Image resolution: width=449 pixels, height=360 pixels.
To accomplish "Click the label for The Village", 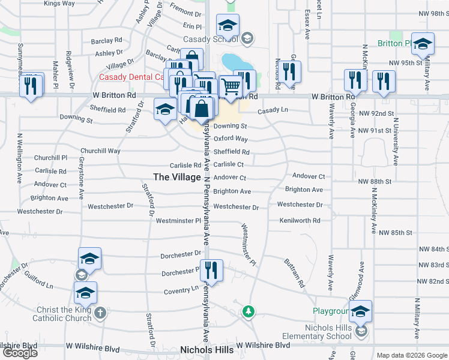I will [x=177, y=177].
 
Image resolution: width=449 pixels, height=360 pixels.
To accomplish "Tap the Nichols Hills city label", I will [x=207, y=349].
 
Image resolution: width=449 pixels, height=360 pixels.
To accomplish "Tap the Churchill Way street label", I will [x=101, y=151].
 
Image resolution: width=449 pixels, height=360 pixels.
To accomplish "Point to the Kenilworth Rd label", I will [x=300, y=221].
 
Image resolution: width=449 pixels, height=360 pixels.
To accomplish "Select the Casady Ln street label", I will [x=273, y=110].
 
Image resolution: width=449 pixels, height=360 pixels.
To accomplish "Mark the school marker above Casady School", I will [x=227, y=26].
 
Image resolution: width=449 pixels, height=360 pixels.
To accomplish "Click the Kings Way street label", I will [x=59, y=3].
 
